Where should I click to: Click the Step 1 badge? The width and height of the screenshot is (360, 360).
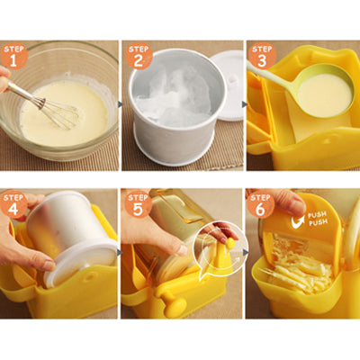pos(14,55)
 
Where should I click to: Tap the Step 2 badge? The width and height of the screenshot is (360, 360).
pos(138,55)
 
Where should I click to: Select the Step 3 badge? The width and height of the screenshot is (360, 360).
pos(261,55)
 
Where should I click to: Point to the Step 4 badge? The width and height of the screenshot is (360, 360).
pos(14,202)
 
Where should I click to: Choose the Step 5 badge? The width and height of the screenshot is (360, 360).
pos(138,202)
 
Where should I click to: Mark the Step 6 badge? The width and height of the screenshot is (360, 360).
pos(261,202)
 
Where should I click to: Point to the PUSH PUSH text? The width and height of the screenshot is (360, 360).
pos(317,219)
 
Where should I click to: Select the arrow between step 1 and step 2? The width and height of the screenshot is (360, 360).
pos(121,104)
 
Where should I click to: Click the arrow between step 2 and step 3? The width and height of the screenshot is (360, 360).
pos(244,104)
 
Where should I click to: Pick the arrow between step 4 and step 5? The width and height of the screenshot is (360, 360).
pos(121,253)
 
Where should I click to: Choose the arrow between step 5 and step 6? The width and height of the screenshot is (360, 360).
pos(244,253)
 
